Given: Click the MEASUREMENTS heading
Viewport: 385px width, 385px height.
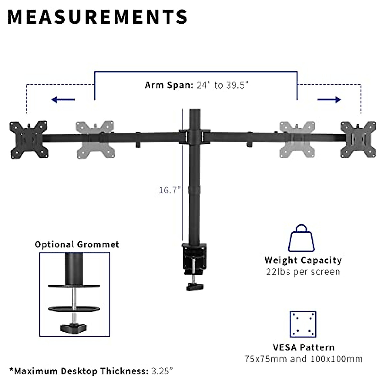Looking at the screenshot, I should [x=97, y=17].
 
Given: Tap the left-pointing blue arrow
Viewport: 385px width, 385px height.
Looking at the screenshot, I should [x=63, y=100].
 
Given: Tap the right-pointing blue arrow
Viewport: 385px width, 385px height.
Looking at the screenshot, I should [x=329, y=100].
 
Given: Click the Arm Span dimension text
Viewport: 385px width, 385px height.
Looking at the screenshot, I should [x=196, y=85].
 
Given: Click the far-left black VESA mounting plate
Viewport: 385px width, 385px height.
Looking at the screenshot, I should [x=29, y=140].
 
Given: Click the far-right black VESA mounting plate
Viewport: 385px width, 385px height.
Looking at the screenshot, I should [x=358, y=140].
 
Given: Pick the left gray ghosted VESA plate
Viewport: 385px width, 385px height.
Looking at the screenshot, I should [x=95, y=140].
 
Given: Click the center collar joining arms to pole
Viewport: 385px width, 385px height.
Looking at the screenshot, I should [x=194, y=136].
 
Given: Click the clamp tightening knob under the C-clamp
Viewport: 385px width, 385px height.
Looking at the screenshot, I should [x=194, y=286].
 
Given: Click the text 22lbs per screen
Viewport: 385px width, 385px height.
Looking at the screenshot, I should [x=303, y=272].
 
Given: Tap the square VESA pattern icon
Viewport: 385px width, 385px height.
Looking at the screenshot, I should [x=303, y=324].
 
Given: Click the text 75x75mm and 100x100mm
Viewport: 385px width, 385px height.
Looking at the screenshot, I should [x=304, y=358].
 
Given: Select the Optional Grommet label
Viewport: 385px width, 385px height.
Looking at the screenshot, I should [x=77, y=244].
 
